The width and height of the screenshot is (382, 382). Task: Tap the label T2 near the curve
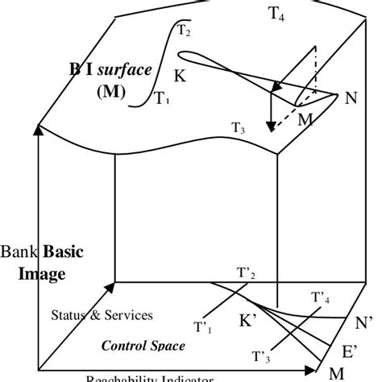184,31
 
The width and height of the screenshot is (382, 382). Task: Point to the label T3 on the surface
239,127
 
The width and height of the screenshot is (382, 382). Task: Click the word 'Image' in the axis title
44,273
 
